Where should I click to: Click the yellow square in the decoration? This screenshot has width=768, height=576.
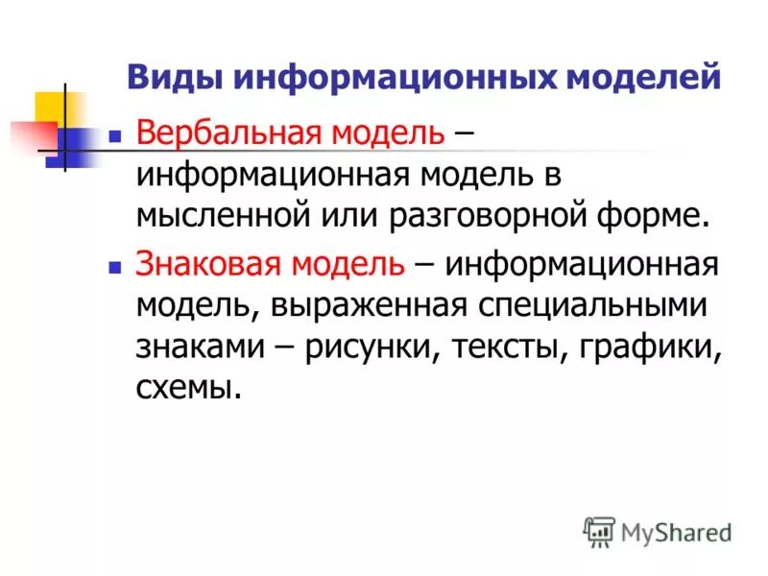pyautogui.click(x=50, y=107)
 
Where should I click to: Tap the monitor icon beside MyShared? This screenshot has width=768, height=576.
pyautogui.click(x=599, y=530)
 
